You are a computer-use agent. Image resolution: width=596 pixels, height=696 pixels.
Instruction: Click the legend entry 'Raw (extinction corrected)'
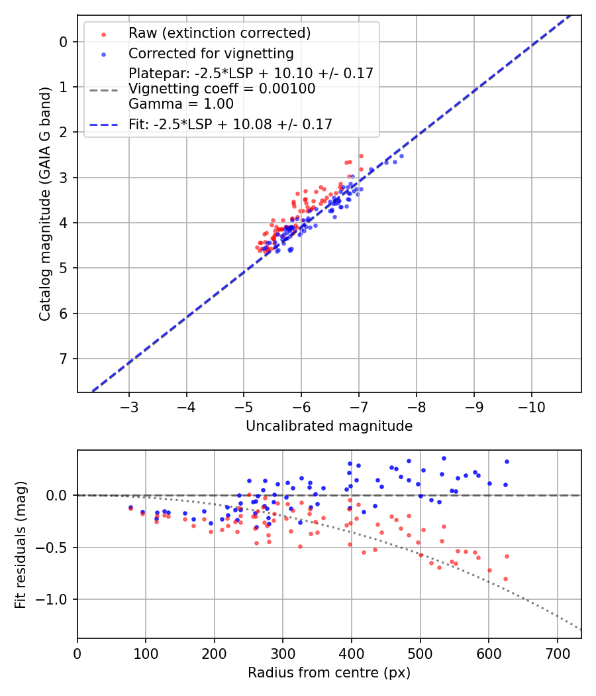pyautogui.click(x=219, y=33)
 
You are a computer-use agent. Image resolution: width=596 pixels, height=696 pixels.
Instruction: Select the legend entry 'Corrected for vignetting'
pyautogui.click(x=211, y=53)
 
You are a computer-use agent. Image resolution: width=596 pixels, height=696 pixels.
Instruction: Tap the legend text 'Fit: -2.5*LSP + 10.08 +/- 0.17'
pyautogui.click(x=230, y=124)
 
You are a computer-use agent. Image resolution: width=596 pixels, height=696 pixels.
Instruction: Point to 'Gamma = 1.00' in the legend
pyautogui.click(x=181, y=103)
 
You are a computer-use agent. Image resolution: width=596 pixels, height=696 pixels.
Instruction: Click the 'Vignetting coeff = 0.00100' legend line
pyautogui.click(x=222, y=88)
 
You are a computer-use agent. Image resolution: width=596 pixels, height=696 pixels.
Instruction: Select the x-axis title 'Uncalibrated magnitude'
pyautogui.click(x=329, y=426)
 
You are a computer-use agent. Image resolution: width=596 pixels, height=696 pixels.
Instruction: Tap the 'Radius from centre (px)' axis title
pyautogui.click(x=329, y=673)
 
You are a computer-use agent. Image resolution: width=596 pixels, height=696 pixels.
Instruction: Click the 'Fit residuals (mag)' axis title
pyautogui.click(x=21, y=544)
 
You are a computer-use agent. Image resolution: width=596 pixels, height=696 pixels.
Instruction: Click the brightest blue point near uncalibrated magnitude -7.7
pyautogui.click(x=401, y=156)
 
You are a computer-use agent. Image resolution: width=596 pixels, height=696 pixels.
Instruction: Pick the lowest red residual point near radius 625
pyautogui.click(x=505, y=579)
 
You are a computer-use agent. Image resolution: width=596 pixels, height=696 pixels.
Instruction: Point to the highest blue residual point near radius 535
pyautogui.click(x=444, y=458)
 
